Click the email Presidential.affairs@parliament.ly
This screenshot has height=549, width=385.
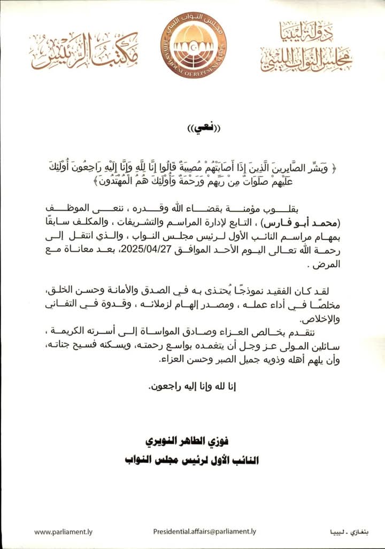click(205, 531)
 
